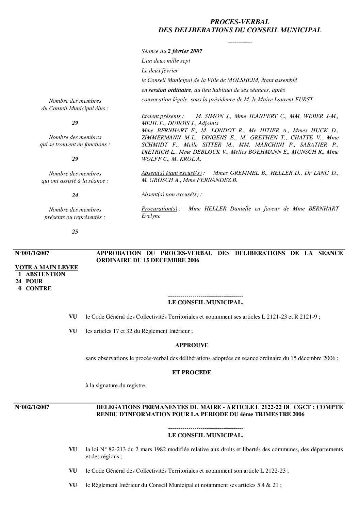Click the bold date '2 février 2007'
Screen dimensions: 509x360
pos(185,51)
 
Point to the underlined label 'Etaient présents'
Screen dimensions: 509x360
pos(161,116)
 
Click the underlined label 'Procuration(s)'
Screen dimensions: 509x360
pos(159,209)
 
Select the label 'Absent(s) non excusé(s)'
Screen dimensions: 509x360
pos(170,194)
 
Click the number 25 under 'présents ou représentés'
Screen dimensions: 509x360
pos(75,232)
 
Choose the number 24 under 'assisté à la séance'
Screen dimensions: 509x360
pos(75,196)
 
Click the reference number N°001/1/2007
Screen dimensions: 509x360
pos(32,253)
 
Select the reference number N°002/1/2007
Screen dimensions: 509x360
pos(32,407)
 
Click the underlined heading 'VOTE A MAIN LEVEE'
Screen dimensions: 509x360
pos(47,268)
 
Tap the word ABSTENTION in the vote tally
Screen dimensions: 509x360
pos(45,274)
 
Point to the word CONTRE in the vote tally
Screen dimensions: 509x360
pos(39,289)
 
